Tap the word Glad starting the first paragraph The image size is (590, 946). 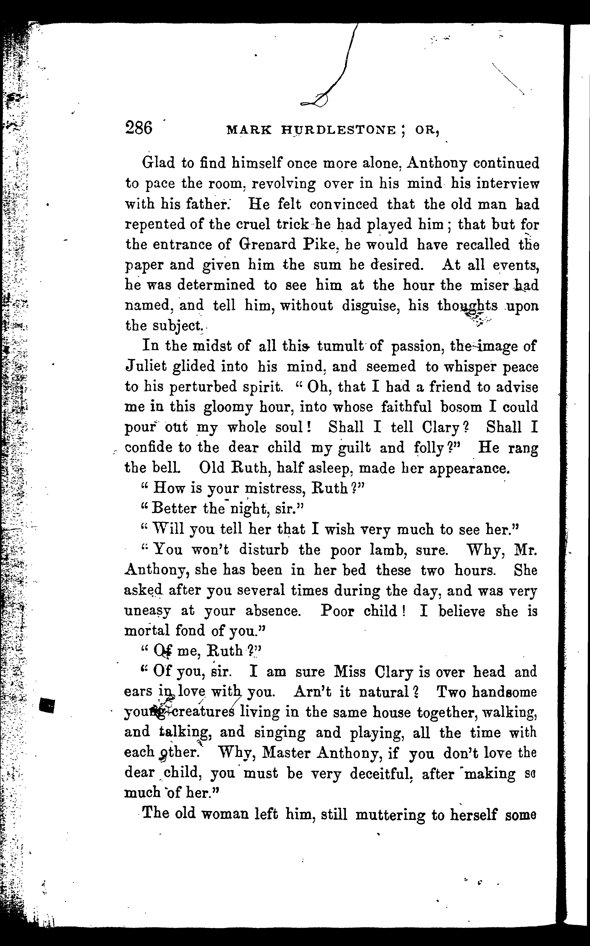(x=158, y=163)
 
